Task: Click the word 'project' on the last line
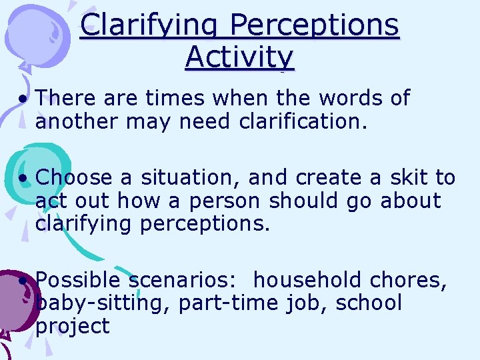click(73, 327)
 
